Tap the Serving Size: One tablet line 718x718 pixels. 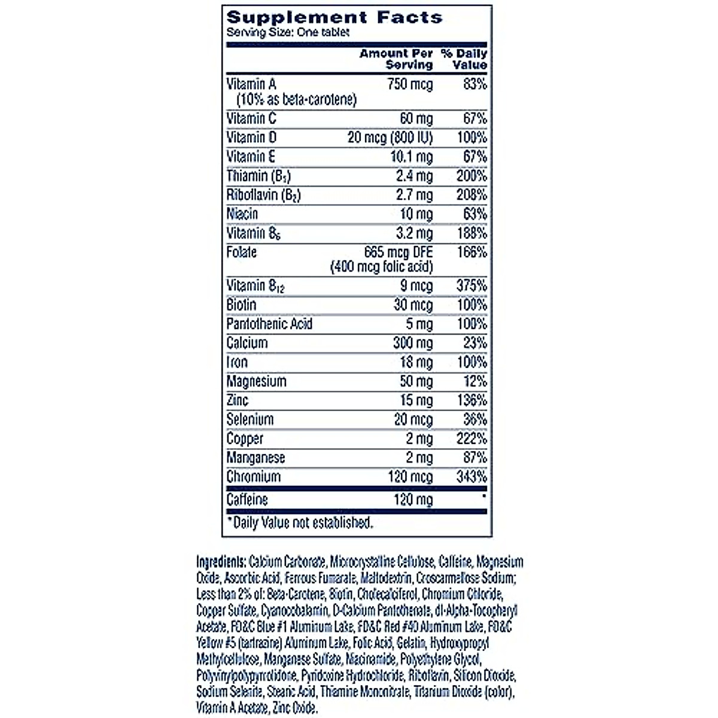click(288, 32)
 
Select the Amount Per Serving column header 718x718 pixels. click(396, 59)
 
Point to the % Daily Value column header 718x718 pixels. click(464, 59)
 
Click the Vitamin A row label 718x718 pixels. click(251, 84)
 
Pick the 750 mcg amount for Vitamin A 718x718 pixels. click(410, 84)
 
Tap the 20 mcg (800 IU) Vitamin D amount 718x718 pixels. click(390, 138)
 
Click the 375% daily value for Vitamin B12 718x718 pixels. click(472, 285)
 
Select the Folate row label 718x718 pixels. click(242, 252)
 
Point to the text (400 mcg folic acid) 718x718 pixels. click(382, 267)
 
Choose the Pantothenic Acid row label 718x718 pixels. click(269, 324)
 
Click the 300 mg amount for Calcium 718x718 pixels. click(413, 343)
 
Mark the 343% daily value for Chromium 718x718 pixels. click(471, 477)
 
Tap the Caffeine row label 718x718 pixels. click(247, 499)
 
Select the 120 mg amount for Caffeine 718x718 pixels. click(413, 499)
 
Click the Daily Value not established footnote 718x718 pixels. click(300, 523)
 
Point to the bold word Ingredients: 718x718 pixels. click(221, 562)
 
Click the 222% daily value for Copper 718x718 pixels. click(471, 439)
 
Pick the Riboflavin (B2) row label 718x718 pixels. click(263, 195)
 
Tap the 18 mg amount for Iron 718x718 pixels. click(416, 362)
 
